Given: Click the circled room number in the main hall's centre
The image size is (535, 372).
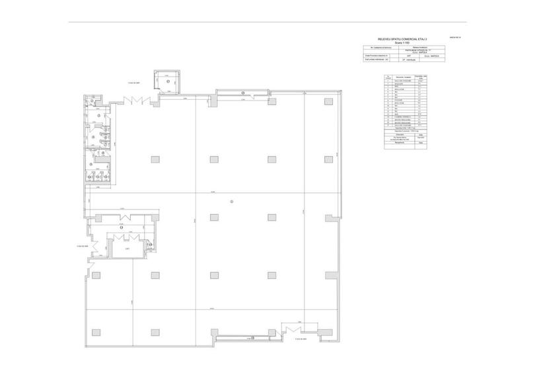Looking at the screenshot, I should pyautogui.click(x=232, y=201).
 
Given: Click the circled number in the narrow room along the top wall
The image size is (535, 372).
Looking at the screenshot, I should pyautogui.click(x=242, y=92).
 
